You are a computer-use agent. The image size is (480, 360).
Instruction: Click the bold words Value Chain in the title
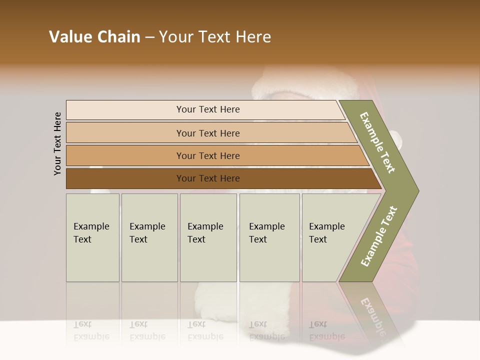coord(94,37)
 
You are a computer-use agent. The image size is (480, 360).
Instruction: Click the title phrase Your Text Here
coord(215,37)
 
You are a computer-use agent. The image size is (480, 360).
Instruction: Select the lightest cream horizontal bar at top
coord(125,110)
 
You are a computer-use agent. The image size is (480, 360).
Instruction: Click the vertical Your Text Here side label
coord(57,143)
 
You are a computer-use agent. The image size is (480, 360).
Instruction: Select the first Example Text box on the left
coord(92,237)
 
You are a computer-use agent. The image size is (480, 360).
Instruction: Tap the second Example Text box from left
coord(149,237)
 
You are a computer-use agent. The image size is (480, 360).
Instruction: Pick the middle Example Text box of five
coord(208,237)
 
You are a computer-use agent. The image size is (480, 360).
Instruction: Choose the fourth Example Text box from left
coord(269,237)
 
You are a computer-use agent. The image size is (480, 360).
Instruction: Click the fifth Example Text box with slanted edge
coord(325,237)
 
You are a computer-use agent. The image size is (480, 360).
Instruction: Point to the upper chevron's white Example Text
coord(377,142)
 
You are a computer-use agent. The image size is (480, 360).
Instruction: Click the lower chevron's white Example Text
coord(379,236)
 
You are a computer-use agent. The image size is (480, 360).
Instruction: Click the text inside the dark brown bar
coord(208,178)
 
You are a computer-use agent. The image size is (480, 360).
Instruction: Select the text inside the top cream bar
coord(208,109)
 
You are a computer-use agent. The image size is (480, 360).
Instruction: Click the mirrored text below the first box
coord(91,330)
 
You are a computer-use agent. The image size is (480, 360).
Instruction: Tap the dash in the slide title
coord(149,37)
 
